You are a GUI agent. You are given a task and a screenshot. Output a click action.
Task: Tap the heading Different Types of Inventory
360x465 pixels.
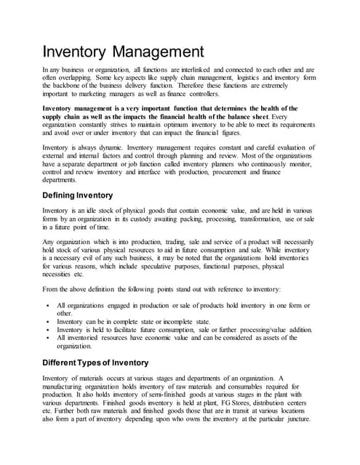point(95,362)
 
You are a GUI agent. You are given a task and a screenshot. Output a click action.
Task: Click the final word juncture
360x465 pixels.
point(295,418)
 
